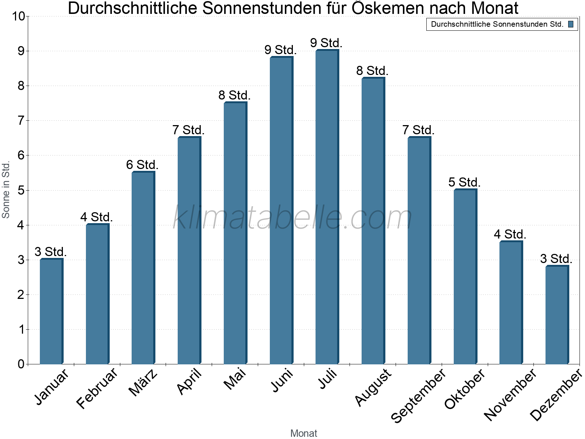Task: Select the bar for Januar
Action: pyautogui.click(x=51, y=311)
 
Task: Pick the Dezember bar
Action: pyautogui.click(x=557, y=315)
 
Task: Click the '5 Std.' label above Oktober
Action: pyautogui.click(x=464, y=182)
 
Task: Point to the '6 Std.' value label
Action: pyautogui.click(x=142, y=165)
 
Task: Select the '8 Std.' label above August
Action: pyautogui.click(x=372, y=71)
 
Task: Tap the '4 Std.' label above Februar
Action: pyautogui.click(x=97, y=217)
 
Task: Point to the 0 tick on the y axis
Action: pyautogui.click(x=21, y=364)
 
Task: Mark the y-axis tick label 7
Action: pyautogui.click(x=21, y=121)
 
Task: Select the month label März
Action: pyautogui.click(x=143, y=383)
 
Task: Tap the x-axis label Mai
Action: pyautogui.click(x=235, y=379)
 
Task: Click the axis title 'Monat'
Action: pyautogui.click(x=303, y=433)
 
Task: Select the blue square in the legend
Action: pyautogui.click(x=570, y=24)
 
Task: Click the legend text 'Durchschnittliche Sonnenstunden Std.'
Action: pyautogui.click(x=497, y=24)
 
